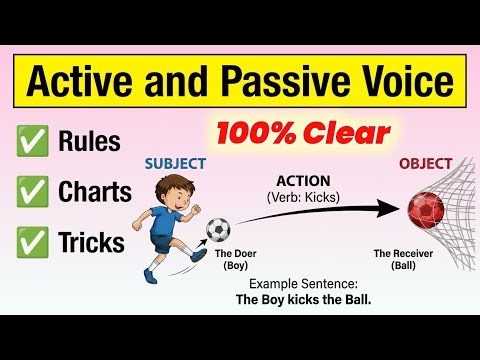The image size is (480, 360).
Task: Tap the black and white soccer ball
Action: pyautogui.click(x=218, y=231)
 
